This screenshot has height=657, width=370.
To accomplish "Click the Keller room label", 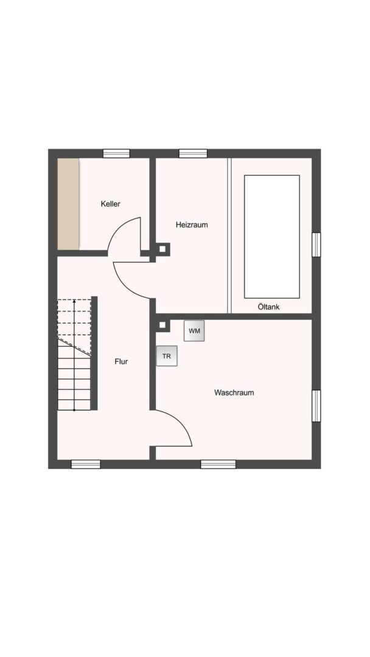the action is point(111,204).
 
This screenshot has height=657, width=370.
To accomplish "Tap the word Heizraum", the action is point(192,224).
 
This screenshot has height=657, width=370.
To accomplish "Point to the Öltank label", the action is point(268,307).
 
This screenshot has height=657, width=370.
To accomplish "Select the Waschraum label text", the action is point(234,392).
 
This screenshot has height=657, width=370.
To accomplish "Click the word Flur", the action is point(121,361).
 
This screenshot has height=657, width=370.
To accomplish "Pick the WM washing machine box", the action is point(194,331).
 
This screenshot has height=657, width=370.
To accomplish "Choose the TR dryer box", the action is point(167,356).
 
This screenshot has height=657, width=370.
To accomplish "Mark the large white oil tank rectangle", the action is point(271,236).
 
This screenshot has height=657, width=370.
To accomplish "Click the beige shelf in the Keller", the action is point(68,204).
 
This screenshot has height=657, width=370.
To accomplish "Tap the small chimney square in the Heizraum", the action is point(162,249).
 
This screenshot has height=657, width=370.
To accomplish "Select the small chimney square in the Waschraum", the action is point(162,325).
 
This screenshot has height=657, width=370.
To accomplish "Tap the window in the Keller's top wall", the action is point(116,153).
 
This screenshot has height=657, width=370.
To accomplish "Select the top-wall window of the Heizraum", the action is point(193,153).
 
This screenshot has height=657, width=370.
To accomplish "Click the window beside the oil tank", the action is point(316,244).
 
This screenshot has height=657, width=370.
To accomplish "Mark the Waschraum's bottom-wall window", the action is point(218,464).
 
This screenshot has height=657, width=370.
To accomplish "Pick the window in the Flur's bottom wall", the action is point(86,464).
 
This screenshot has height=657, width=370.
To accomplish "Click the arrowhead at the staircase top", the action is point(74,301).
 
